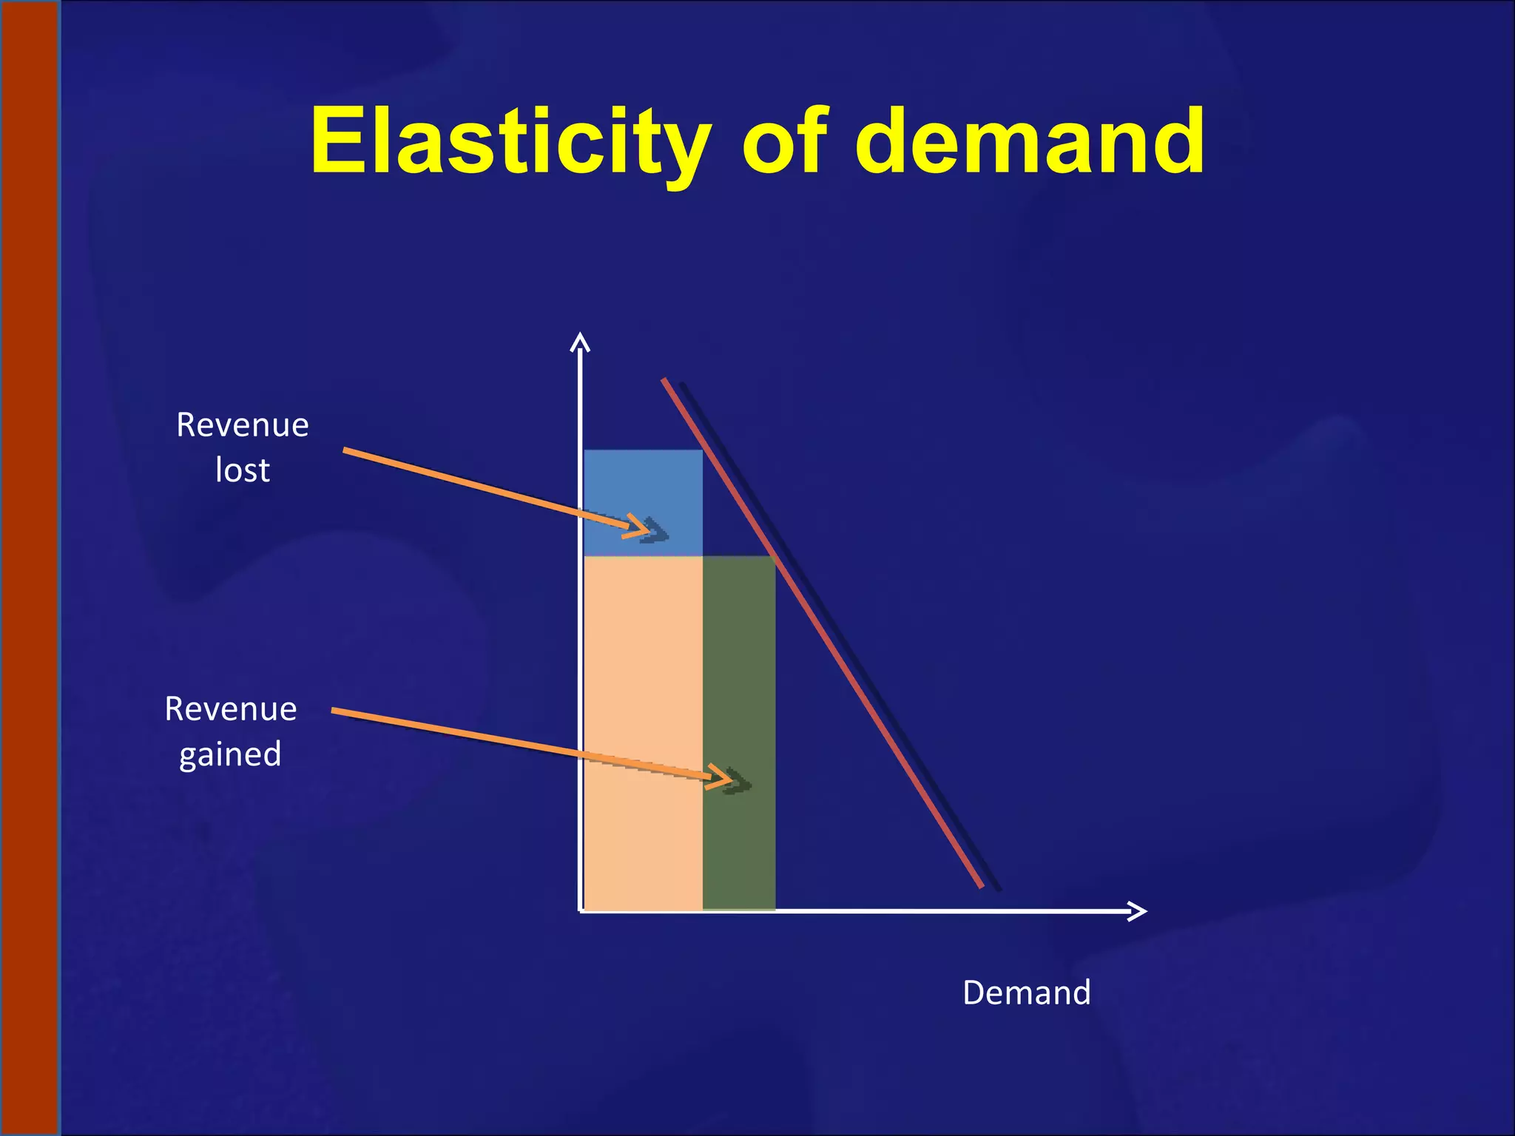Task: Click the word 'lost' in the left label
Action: click(x=243, y=470)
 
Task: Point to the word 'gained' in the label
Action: click(x=230, y=754)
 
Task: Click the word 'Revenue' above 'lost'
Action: click(x=243, y=425)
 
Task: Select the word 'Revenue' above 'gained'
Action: click(x=231, y=709)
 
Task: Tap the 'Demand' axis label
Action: click(x=1026, y=993)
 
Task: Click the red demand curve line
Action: click(x=821, y=632)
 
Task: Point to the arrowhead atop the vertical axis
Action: click(x=580, y=342)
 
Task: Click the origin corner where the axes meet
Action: click(x=581, y=911)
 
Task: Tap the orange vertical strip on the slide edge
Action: click(x=30, y=568)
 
